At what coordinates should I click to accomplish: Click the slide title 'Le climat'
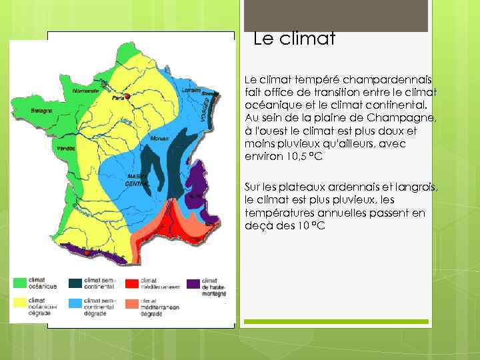tap(294, 39)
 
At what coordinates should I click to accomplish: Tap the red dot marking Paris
tap(127, 95)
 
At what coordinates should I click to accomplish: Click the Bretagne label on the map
tap(41, 111)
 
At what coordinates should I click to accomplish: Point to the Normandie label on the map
tap(85, 90)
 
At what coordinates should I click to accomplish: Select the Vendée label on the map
tap(66, 148)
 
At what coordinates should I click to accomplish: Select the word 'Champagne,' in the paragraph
tap(403, 118)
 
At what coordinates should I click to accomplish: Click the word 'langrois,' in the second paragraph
tap(417, 187)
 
